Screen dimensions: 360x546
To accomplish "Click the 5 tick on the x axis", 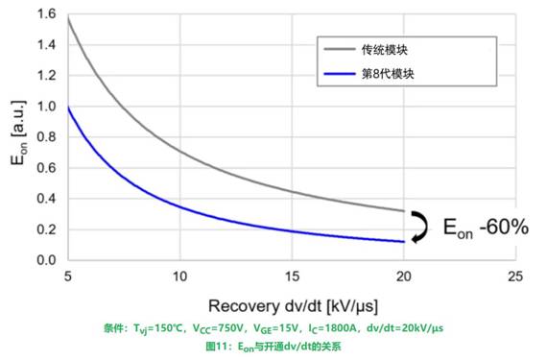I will point(69,276).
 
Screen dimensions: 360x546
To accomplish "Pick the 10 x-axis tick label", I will point(179,276).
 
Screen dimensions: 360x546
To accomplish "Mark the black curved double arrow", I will point(417,227).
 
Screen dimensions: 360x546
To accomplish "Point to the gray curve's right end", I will point(402,210).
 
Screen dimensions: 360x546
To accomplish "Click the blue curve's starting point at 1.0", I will point(69,107).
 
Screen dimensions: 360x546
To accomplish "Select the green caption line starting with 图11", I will point(273,347).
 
